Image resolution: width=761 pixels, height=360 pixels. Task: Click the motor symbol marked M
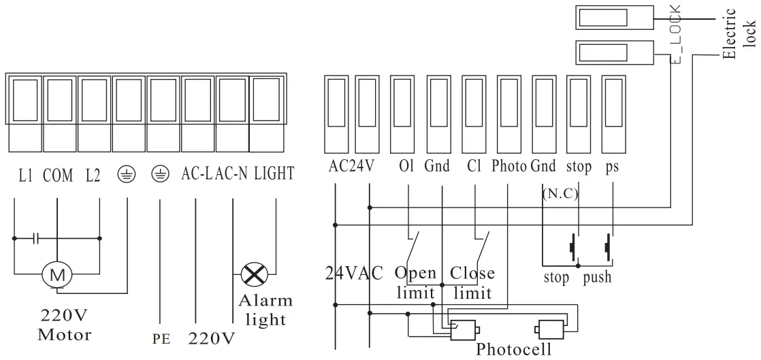click(57, 275)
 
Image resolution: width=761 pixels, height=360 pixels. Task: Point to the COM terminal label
click(57, 174)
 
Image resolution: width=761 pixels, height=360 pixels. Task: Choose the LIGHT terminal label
click(274, 174)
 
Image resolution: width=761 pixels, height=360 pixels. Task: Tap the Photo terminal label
click(509, 167)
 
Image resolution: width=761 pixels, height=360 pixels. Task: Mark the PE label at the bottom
click(161, 338)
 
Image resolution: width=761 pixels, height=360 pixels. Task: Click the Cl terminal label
click(474, 167)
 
